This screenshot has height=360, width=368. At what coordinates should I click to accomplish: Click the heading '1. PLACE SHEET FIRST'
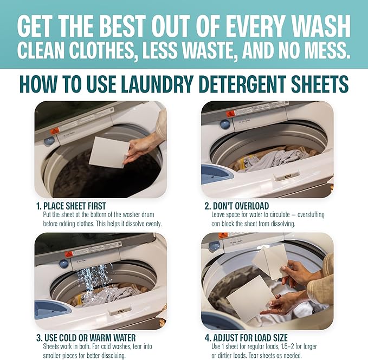point(70,206)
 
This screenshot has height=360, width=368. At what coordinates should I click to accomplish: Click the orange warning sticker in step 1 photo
point(55,130)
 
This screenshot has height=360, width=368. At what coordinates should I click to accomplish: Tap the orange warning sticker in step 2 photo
point(230,113)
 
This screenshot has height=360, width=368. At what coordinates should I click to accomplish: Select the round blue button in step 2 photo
point(225,124)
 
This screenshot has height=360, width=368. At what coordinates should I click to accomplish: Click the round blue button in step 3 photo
point(64,263)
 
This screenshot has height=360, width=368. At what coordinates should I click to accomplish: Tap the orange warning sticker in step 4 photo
point(223,236)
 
